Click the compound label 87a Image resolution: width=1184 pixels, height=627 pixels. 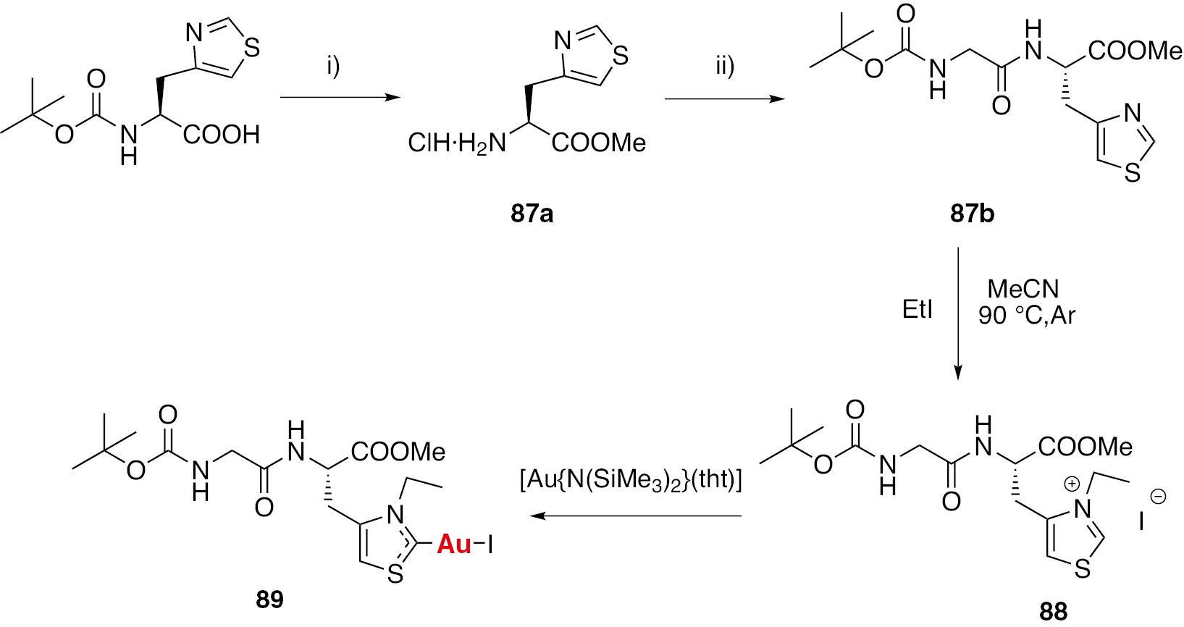532,214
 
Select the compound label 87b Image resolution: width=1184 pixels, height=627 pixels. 972,214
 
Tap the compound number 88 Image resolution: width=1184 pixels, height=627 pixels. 1054,612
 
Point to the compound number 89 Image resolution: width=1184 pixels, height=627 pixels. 269,599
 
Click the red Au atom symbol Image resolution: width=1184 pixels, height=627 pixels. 454,544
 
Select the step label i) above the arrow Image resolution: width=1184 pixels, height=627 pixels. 333,67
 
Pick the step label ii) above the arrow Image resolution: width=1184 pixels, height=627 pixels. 725,67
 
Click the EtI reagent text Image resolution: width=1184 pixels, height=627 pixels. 917,309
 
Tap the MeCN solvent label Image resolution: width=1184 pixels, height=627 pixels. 1023,289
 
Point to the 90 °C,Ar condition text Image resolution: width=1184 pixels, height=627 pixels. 1026,316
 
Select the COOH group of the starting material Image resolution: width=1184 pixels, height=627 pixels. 222,135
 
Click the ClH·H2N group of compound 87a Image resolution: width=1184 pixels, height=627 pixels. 457,144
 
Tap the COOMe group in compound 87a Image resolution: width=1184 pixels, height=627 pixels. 599,143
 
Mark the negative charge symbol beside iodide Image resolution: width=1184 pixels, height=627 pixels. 1158,497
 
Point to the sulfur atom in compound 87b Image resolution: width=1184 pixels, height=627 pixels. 1132,173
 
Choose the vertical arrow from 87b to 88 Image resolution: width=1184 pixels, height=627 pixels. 958,313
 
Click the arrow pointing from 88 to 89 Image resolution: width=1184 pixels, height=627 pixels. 635,516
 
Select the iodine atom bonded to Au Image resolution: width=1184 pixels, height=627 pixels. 490,544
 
